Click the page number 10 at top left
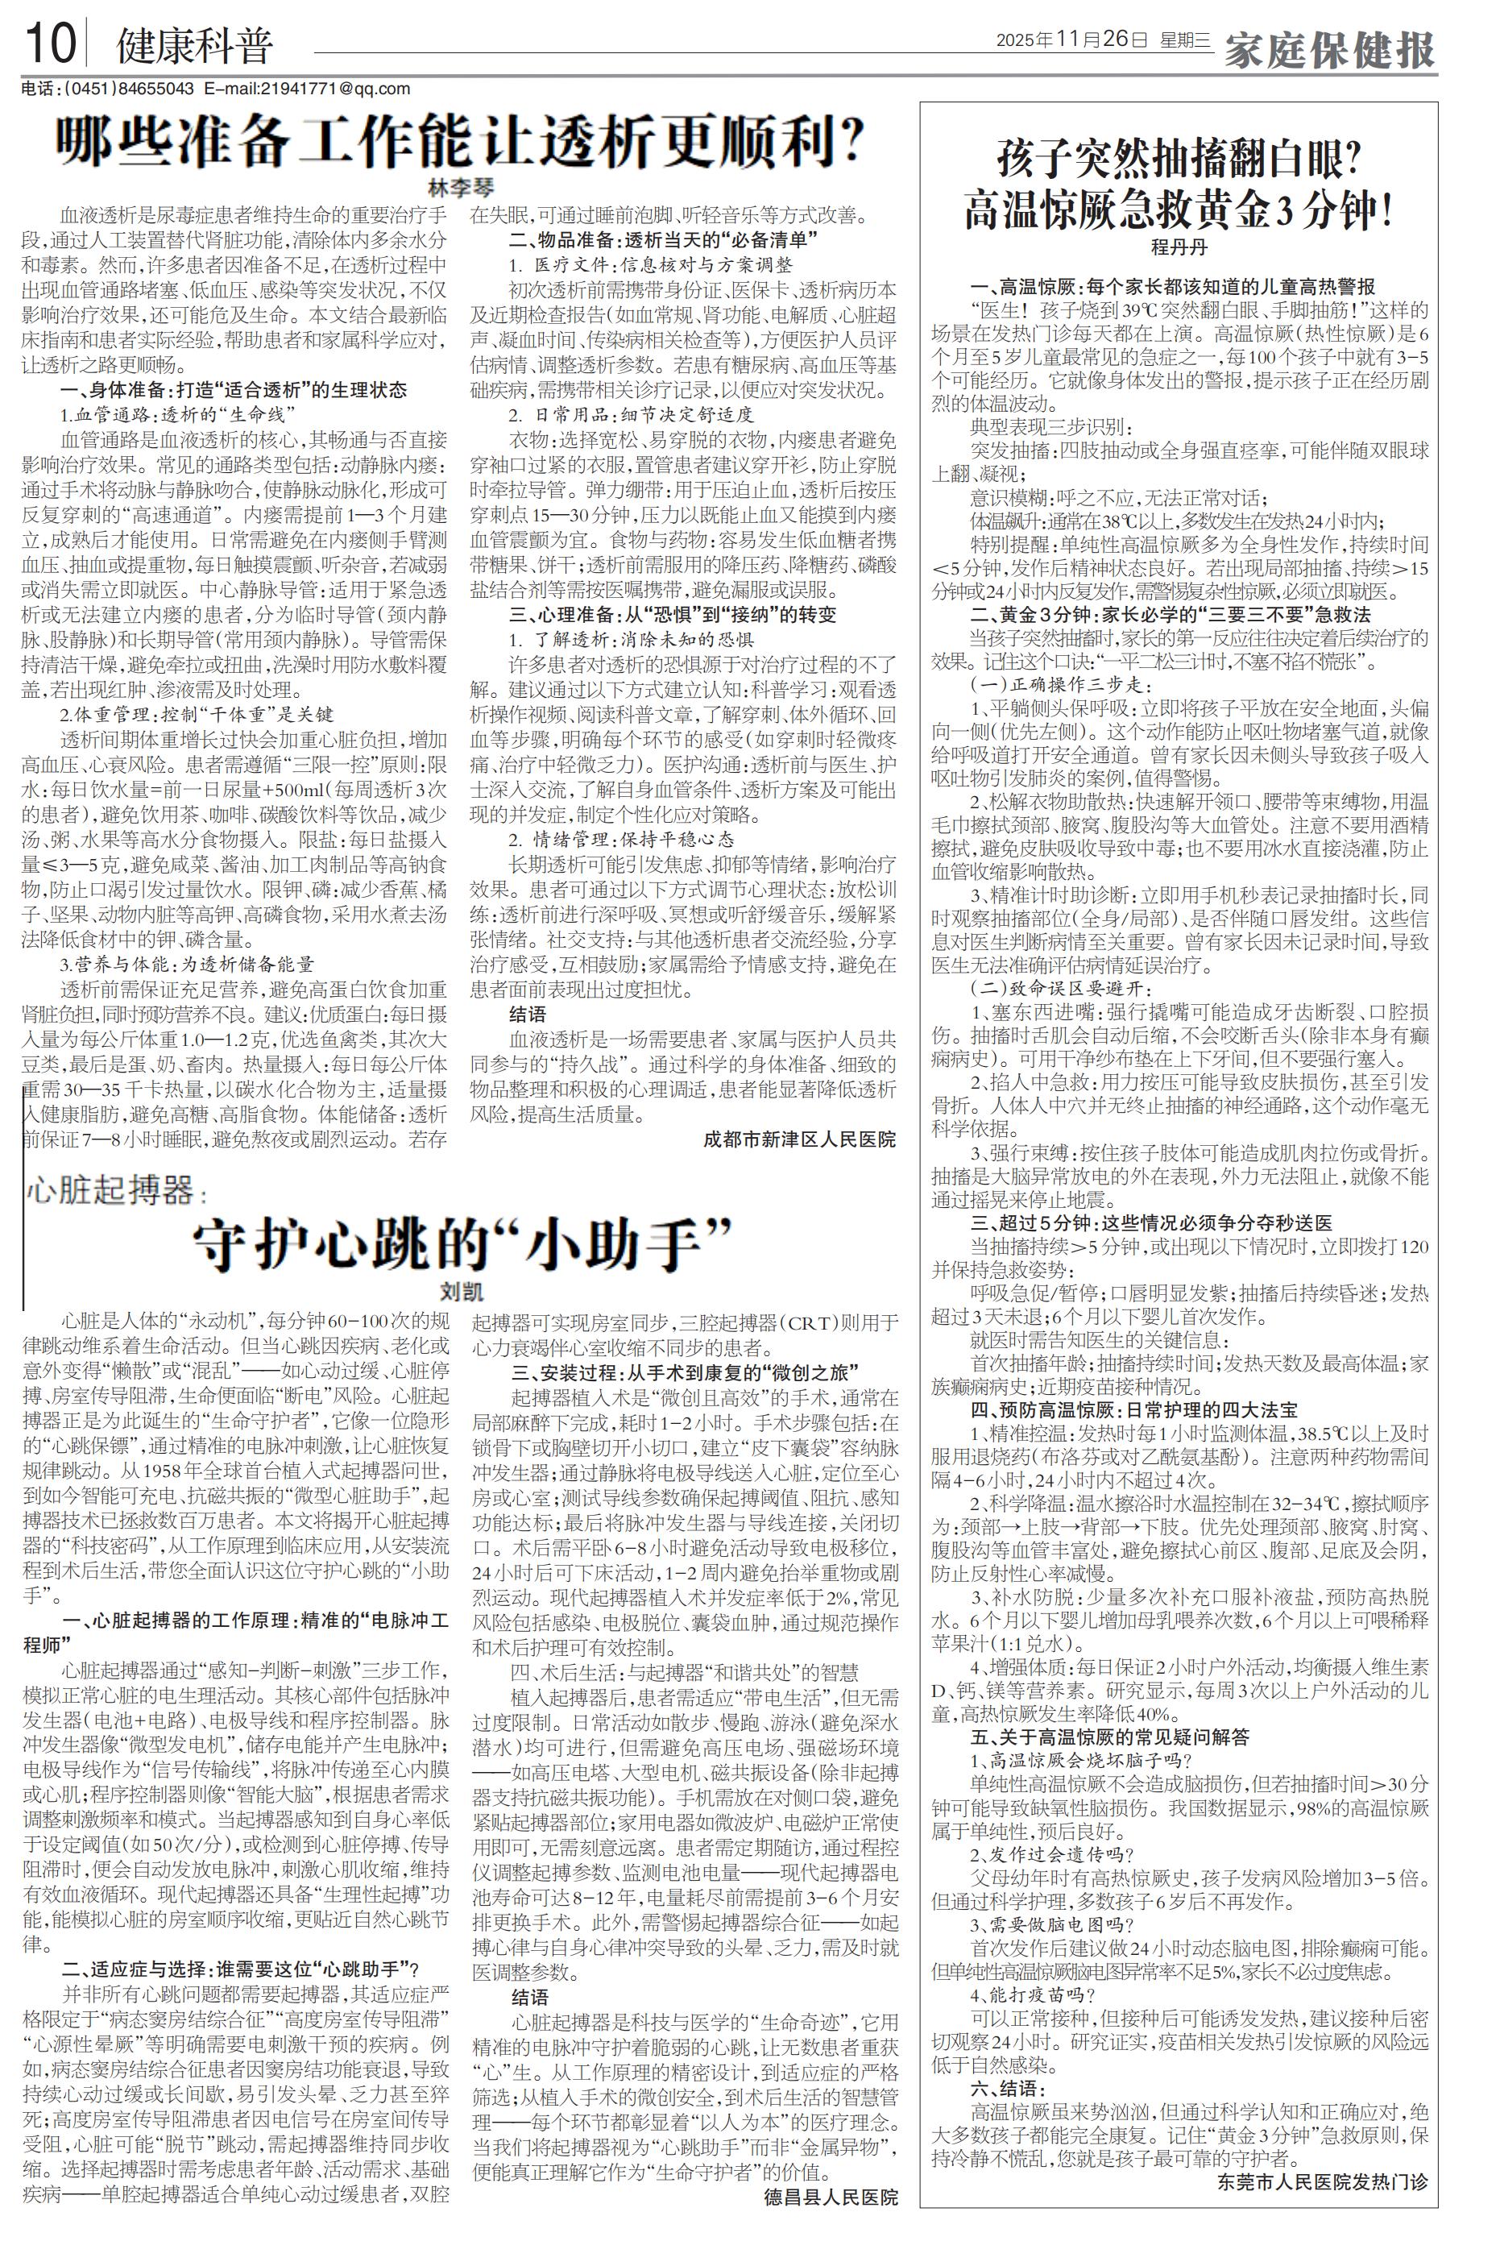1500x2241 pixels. click(49, 45)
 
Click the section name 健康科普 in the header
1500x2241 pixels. click(194, 46)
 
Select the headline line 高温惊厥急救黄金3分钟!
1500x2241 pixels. click(1178, 209)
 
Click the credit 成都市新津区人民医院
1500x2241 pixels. click(800, 1139)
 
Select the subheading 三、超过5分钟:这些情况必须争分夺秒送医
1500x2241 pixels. click(1151, 1223)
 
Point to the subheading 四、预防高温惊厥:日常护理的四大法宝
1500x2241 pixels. click(1133, 1410)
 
